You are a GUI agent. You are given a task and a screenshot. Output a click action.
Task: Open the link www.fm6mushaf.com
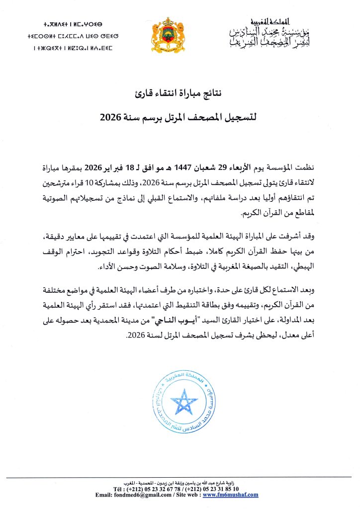(x=230, y=495)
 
